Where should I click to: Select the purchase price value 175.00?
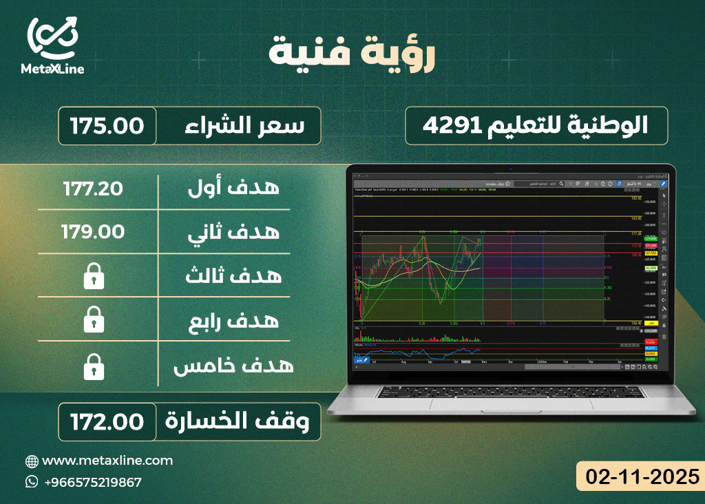107,126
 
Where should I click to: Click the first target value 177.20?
94,189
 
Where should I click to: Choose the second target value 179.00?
94,232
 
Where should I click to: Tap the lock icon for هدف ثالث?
94,277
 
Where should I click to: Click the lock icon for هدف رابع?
94,320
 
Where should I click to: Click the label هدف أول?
234,188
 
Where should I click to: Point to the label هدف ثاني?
234,232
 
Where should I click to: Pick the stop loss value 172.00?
107,421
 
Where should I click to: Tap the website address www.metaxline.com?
107,461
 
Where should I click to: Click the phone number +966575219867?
92,482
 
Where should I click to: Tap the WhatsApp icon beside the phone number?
32,482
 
